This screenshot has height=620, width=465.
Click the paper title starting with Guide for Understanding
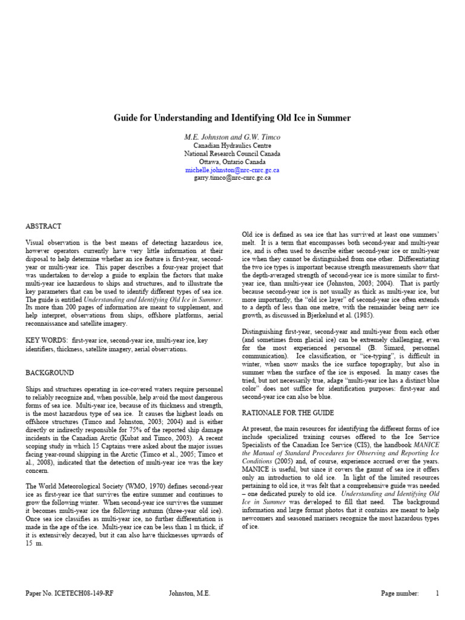click(232, 117)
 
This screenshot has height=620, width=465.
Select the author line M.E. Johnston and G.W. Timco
click(232, 137)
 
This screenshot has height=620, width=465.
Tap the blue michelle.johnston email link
click(232, 171)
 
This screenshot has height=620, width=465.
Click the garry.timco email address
click(232, 179)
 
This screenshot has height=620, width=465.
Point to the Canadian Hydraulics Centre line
click(232, 146)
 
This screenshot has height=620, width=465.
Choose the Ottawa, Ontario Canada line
click(232, 162)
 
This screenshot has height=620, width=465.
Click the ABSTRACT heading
click(43, 226)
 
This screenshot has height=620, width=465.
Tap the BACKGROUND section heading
click(50, 373)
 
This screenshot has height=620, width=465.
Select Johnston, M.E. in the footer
click(189, 594)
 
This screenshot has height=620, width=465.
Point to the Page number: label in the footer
click(399, 594)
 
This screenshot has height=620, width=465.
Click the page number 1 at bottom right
click(437, 594)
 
